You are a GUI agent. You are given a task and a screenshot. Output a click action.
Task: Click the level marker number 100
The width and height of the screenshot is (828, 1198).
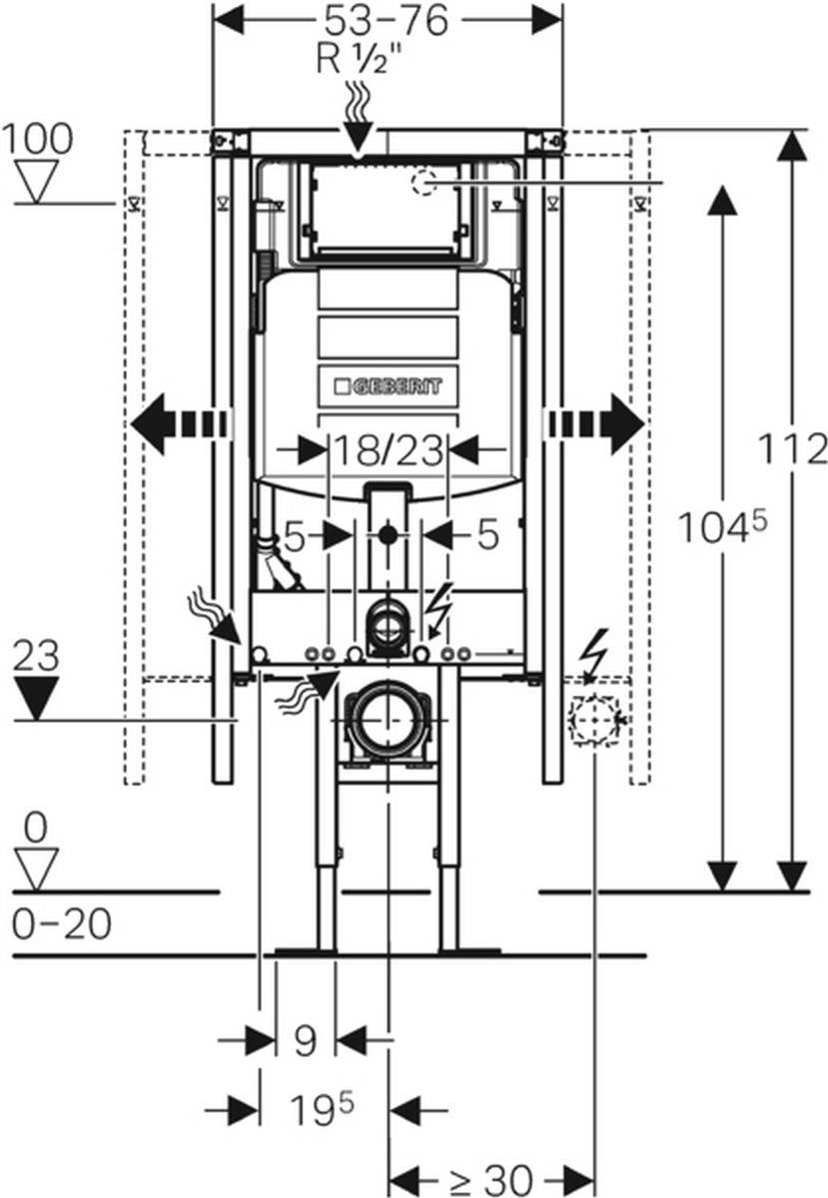[x=37, y=139]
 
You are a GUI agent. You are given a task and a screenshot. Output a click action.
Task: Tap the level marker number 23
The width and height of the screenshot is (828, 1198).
[x=37, y=657]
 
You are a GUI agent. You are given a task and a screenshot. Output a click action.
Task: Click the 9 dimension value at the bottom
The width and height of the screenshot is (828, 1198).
[x=305, y=1041]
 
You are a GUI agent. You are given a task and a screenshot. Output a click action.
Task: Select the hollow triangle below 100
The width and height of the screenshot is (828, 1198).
[x=37, y=182]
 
